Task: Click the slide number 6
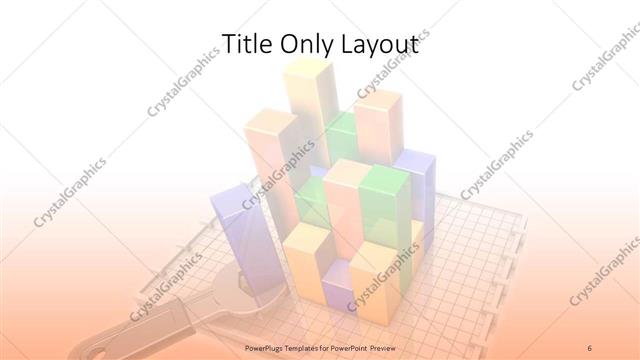pyautogui.click(x=589, y=347)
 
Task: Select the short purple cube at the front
pyautogui.click(x=334, y=290)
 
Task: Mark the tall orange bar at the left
pyautogui.click(x=270, y=160)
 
